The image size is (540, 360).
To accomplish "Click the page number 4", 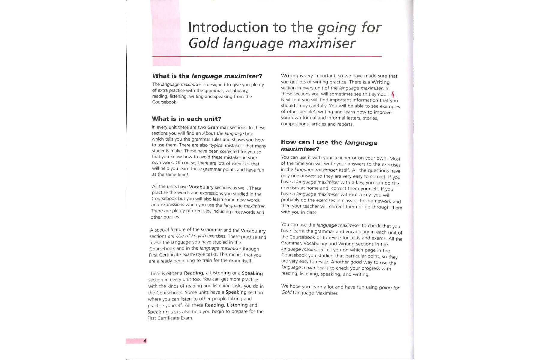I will [x=145, y=341].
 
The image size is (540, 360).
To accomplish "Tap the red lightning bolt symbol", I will [x=393, y=94].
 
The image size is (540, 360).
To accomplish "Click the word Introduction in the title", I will [x=228, y=28].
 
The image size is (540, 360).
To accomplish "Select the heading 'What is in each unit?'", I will [x=186, y=119].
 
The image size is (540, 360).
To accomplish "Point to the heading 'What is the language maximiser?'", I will [x=207, y=76].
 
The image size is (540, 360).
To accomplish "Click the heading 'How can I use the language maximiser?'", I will [x=329, y=145].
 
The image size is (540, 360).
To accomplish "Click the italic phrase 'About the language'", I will [x=223, y=133].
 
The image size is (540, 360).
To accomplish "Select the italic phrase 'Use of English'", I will [x=191, y=236].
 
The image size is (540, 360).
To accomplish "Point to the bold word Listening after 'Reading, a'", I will [x=220, y=273].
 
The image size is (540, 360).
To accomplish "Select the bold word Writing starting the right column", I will [x=289, y=76].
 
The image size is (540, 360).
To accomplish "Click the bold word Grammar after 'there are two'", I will [x=217, y=127].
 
